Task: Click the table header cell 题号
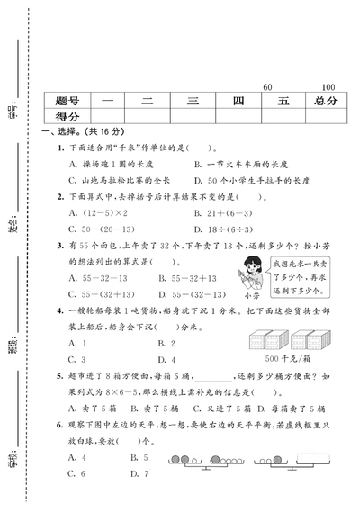67,101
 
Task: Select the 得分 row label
67,117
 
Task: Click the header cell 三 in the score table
191,101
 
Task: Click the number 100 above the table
328,86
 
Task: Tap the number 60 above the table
266,86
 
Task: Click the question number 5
58,375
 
